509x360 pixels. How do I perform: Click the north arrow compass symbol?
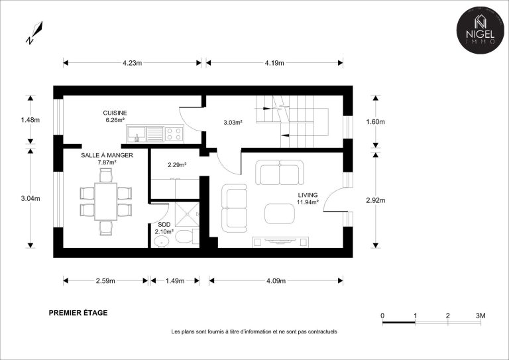coord(34,32)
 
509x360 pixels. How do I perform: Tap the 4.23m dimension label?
coord(132,63)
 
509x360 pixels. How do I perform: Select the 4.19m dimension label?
coord(274,63)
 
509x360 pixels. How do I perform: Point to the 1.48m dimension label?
coord(30,120)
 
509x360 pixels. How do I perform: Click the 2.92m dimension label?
coord(376,200)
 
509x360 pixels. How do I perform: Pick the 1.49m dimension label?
coord(175,281)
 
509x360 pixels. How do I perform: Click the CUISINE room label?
coord(115,113)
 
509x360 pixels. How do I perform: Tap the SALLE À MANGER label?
coord(107,156)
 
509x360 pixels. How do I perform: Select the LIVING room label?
coord(308,195)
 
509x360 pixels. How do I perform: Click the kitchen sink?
coord(137,134)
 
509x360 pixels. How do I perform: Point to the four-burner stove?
coord(174,134)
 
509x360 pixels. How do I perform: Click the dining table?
coord(106,202)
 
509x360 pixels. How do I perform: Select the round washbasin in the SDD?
coord(161,241)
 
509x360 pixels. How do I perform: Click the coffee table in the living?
coord(280,213)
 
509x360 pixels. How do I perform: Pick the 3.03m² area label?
coord(233,123)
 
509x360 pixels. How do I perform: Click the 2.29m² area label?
coord(177,165)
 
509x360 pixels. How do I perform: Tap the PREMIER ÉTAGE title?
coord(78,313)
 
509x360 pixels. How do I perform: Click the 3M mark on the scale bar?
coord(481,316)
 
